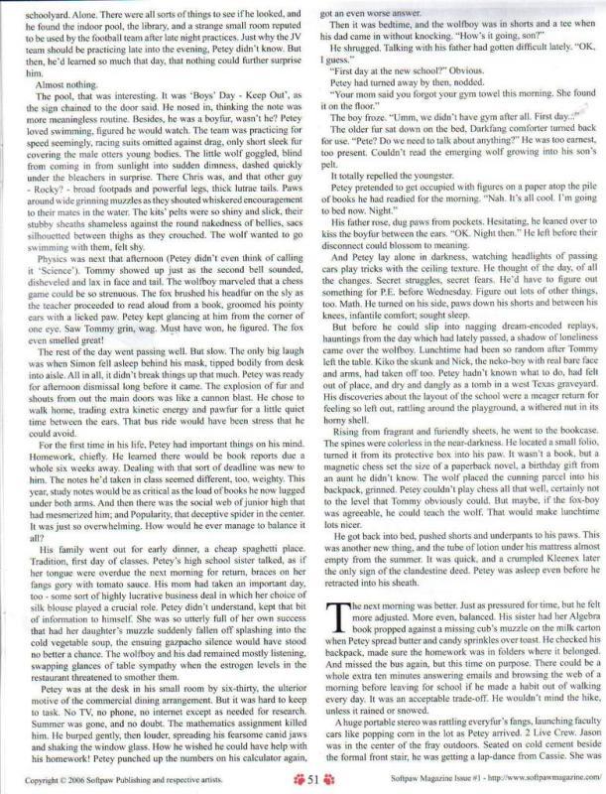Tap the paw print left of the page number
point(293,780)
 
